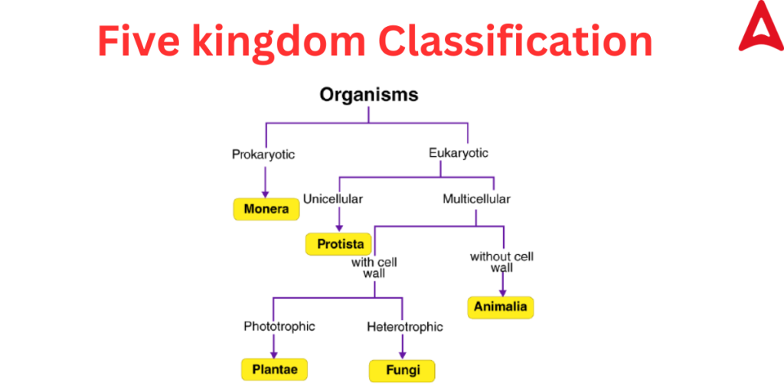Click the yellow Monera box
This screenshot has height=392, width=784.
point(266,209)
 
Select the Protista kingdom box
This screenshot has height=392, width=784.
point(339,244)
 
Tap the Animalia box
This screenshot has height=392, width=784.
point(501,307)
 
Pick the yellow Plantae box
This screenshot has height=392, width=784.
point(275,370)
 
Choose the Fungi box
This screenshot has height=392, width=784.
point(403,371)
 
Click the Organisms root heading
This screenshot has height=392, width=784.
point(369,94)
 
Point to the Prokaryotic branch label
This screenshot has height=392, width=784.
point(263,155)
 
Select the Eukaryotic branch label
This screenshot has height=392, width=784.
point(459,152)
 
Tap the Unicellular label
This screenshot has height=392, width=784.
point(333,198)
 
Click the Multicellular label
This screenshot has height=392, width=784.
point(476,198)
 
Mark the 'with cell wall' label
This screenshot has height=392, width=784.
point(374,269)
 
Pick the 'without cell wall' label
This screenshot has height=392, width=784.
point(501,262)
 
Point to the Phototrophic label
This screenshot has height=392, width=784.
point(279,326)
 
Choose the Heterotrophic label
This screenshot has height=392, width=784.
point(405,327)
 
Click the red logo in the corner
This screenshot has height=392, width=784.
point(760,26)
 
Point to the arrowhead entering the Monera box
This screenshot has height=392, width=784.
point(265,194)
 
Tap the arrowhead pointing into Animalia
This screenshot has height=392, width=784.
point(501,292)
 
